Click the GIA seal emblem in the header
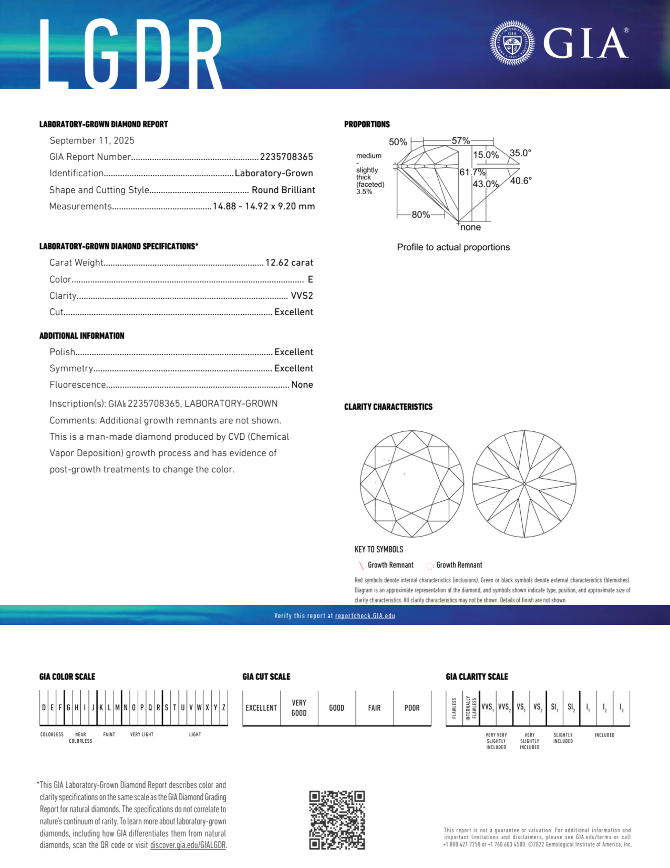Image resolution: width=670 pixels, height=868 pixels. click(512, 43)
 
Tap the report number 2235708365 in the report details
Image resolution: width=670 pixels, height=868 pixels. click(286, 157)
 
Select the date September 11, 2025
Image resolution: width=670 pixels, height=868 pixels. click(92, 141)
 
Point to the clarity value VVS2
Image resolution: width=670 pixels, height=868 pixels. click(302, 296)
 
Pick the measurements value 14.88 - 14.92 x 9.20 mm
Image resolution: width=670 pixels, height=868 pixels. click(264, 206)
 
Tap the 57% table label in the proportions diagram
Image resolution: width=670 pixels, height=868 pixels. click(461, 141)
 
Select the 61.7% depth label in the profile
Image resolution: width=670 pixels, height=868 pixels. click(472, 172)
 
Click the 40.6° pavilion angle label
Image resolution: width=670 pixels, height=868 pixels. click(521, 181)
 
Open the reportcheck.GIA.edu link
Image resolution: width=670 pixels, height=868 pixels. click(365, 616)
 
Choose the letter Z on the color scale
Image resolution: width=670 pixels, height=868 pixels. click(224, 708)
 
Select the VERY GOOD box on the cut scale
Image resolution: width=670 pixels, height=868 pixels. click(299, 708)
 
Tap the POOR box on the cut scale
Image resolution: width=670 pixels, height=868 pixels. click(412, 708)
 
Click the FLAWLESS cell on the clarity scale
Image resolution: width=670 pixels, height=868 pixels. click(454, 708)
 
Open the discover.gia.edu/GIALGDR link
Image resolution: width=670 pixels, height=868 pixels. click(188, 845)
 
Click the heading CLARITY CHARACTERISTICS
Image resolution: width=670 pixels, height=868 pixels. click(388, 407)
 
